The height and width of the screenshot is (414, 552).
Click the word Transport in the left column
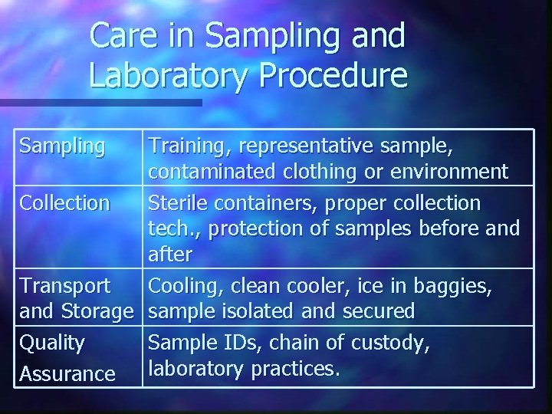coord(65,286)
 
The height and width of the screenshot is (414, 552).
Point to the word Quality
coord(52,342)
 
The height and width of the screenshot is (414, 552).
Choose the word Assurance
coord(67,373)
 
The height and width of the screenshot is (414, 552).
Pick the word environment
coord(452,172)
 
